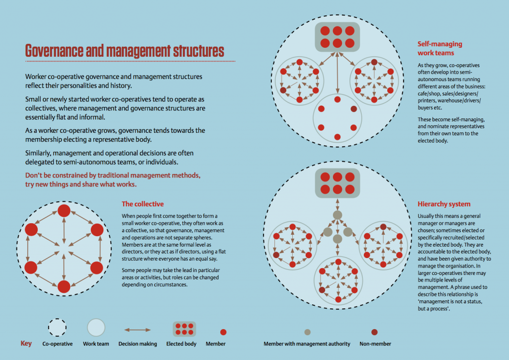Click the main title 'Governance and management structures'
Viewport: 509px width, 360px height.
(x=125, y=51)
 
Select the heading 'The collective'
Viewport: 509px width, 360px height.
(x=143, y=204)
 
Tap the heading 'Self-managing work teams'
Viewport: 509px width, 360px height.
(x=439, y=48)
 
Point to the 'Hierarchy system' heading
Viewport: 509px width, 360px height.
(x=444, y=204)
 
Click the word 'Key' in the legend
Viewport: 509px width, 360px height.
(x=26, y=344)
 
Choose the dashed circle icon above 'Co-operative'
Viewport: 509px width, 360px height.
(x=57, y=327)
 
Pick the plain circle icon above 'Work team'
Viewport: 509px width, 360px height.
(x=96, y=327)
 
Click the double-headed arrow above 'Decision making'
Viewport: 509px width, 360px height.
(x=137, y=330)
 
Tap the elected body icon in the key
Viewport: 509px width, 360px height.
(x=184, y=329)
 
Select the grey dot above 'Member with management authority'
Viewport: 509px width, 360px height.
(x=307, y=332)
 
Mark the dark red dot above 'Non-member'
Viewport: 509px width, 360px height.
(x=374, y=332)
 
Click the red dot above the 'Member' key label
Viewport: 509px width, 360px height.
(x=223, y=332)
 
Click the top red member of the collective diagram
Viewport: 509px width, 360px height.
(x=64, y=211)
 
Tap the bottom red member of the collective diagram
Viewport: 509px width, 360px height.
(x=64, y=286)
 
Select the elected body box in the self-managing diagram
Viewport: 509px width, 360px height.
(x=338, y=37)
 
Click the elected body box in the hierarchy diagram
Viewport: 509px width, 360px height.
(x=338, y=183)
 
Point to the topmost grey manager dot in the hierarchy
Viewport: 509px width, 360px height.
(x=338, y=215)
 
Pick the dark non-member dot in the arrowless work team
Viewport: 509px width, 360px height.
(x=354, y=109)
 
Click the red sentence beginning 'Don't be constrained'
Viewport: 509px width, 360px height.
(x=113, y=180)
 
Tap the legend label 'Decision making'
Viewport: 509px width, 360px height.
(x=138, y=344)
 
